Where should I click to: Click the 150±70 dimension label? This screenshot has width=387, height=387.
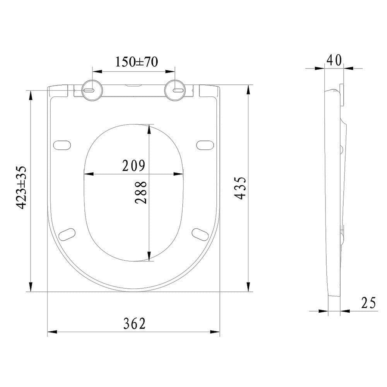click(137, 62)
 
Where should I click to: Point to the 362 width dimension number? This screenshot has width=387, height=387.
click(134, 323)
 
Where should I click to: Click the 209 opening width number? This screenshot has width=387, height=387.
click(134, 166)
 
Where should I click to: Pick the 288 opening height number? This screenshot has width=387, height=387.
click(141, 192)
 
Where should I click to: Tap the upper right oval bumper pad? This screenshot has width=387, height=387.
click(205, 144)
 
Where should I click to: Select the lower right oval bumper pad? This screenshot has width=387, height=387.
click(200, 234)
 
